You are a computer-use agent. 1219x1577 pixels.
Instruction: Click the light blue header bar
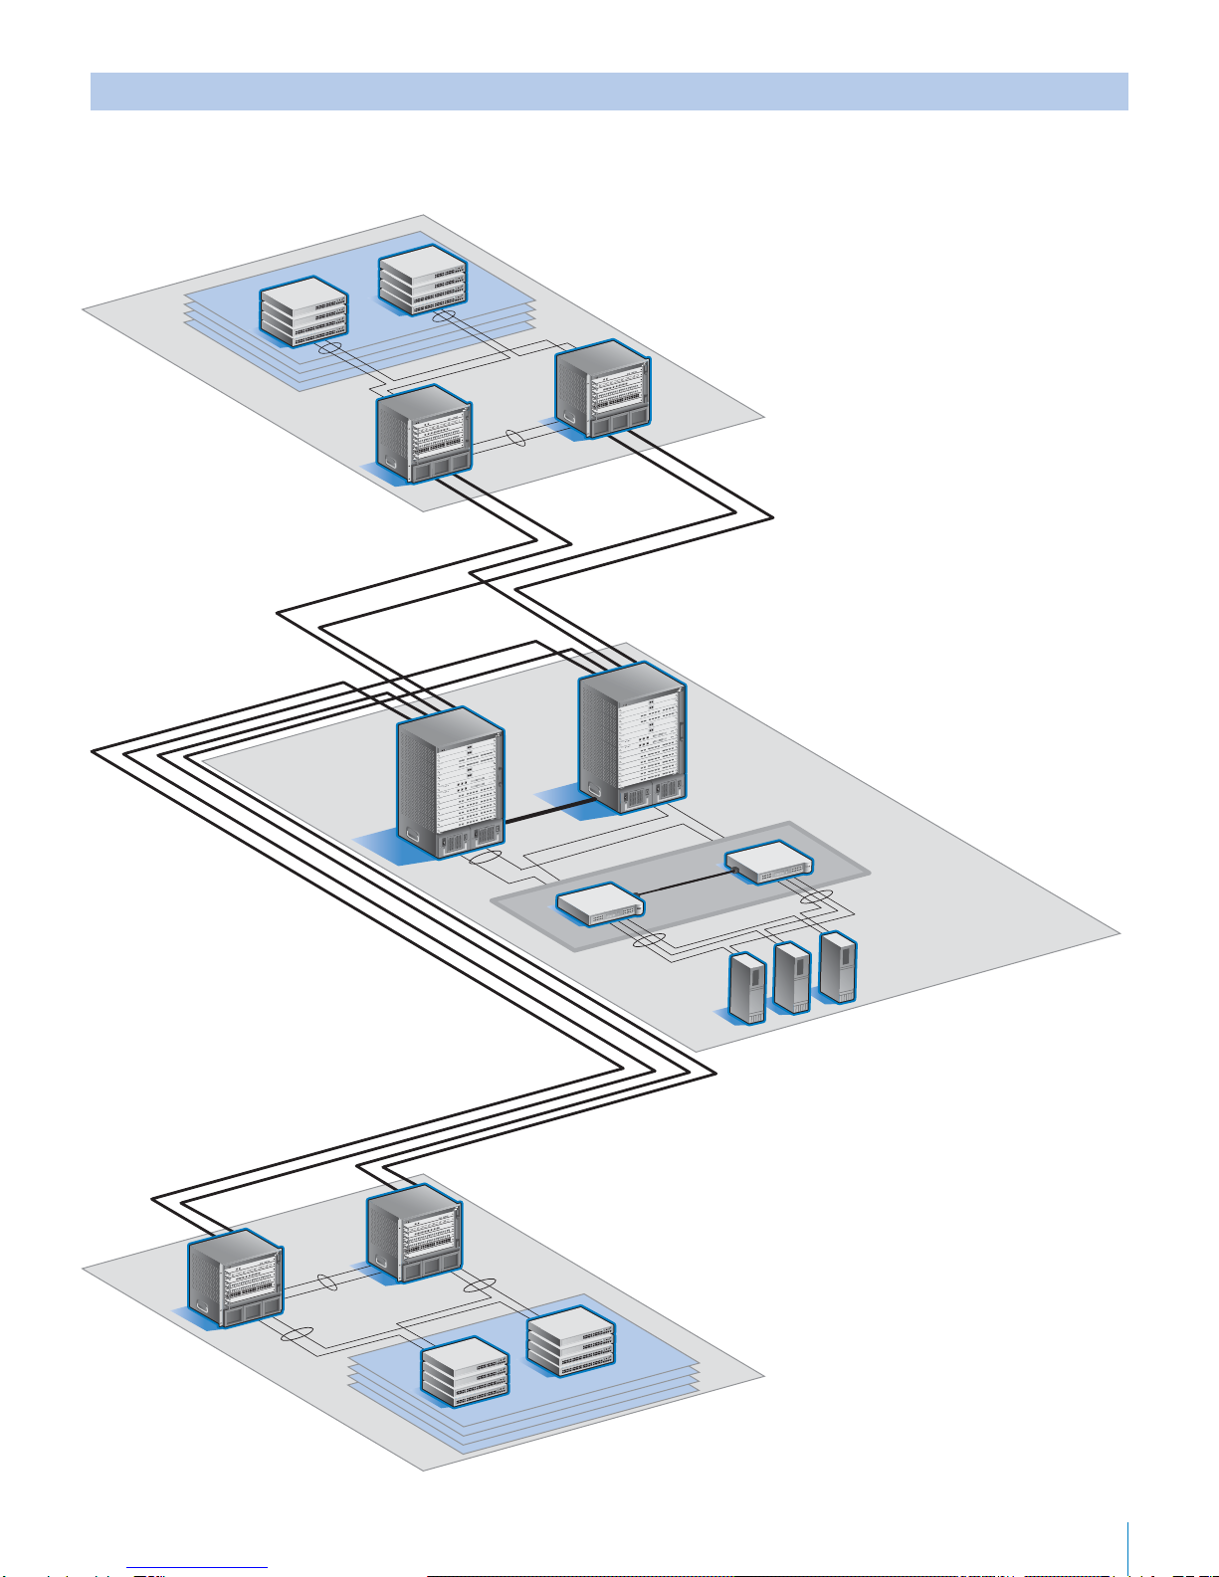(x=609, y=91)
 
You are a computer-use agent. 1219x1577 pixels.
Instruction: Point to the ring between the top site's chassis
(x=515, y=438)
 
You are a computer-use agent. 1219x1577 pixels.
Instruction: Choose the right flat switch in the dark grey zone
(x=768, y=862)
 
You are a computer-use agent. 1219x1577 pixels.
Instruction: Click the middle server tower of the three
(x=792, y=977)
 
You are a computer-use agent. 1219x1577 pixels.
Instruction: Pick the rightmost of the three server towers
(x=838, y=966)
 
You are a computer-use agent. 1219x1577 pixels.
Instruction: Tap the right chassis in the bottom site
(x=414, y=1237)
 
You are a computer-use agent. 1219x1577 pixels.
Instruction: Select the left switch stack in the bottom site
(x=466, y=1371)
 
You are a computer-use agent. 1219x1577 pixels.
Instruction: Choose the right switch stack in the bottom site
(x=571, y=1340)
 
